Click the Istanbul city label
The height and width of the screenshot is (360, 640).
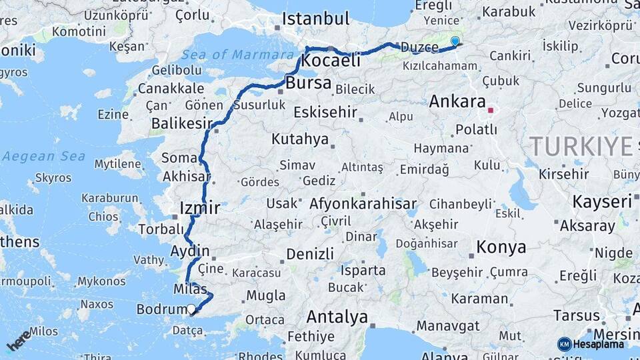point(315,19)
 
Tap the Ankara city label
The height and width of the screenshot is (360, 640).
point(457,102)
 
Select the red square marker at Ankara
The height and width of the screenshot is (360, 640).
point(491,111)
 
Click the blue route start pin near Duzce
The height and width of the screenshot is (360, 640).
point(455,41)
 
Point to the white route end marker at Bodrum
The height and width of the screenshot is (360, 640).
point(192,309)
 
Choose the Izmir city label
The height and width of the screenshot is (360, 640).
point(199,208)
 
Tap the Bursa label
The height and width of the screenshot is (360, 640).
point(309,83)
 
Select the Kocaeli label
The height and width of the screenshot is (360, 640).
point(331,60)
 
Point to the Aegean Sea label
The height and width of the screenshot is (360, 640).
point(43,156)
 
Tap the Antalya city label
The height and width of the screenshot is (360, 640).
point(337,317)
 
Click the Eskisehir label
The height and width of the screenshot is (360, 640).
point(325,112)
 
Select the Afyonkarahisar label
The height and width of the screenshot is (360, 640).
point(363,204)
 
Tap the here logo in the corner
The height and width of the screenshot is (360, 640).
point(19,340)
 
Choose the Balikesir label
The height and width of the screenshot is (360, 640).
point(181,123)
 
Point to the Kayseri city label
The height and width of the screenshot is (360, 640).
point(602,202)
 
